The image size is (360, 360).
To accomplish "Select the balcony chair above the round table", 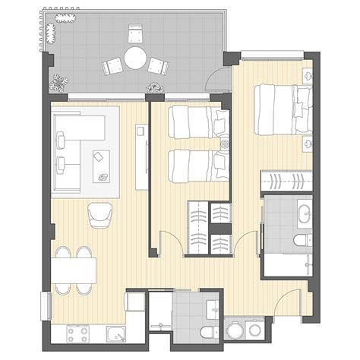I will point(136,33).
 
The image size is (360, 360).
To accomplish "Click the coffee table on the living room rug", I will point(101,166).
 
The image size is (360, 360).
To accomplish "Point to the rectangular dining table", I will point(74,270).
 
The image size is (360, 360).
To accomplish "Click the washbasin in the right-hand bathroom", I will point(305,212).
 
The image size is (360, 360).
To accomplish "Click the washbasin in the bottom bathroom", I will point(213,308).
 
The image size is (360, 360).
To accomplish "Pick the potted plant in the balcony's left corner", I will point(58,79).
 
